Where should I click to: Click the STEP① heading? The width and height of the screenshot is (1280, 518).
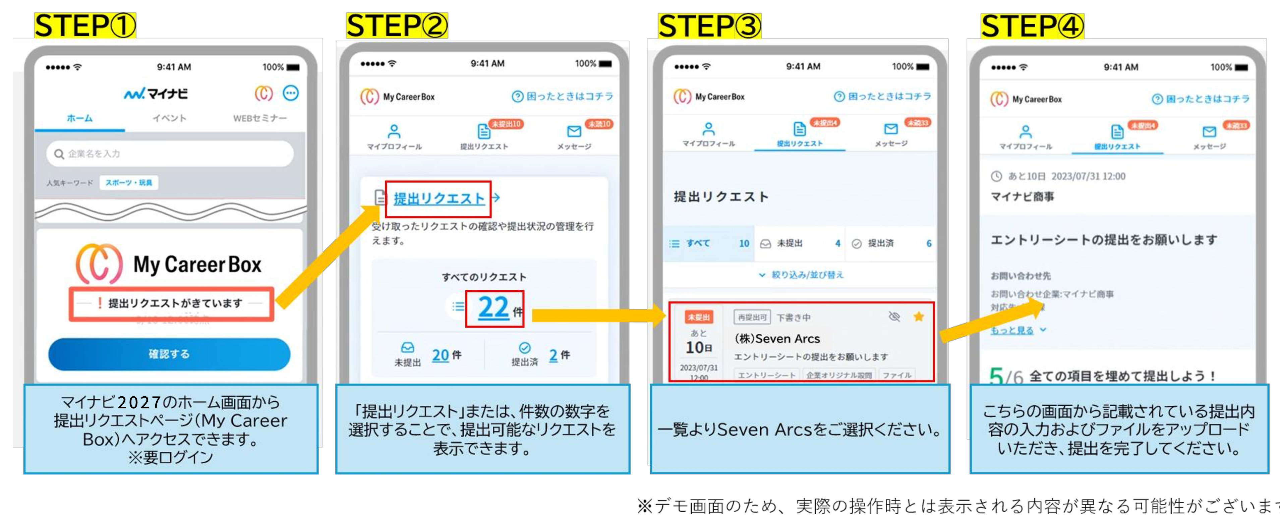tap(84, 26)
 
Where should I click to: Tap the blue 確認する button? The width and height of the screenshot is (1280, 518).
tap(169, 354)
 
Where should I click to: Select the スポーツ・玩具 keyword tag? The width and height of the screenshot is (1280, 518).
tap(129, 182)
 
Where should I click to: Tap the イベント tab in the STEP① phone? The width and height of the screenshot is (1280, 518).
tap(169, 118)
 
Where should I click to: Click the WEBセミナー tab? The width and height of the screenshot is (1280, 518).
tap(259, 118)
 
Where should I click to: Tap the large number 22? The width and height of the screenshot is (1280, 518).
tap(493, 308)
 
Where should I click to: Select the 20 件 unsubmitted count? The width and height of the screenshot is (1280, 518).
tap(446, 355)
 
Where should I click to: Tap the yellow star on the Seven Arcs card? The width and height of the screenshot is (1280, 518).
tap(918, 316)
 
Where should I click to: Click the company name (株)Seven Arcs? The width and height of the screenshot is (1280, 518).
tap(777, 339)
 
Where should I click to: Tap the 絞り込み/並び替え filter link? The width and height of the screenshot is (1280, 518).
tap(802, 275)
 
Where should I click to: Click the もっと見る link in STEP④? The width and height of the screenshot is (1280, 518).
tap(1012, 330)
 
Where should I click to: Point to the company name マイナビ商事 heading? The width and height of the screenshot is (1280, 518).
tap(1022, 197)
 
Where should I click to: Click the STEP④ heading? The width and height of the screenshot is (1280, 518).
tap(1032, 26)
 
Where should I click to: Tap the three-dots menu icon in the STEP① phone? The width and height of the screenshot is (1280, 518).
tap(291, 93)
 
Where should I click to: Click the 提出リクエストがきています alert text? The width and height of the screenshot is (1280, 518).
tap(175, 303)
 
